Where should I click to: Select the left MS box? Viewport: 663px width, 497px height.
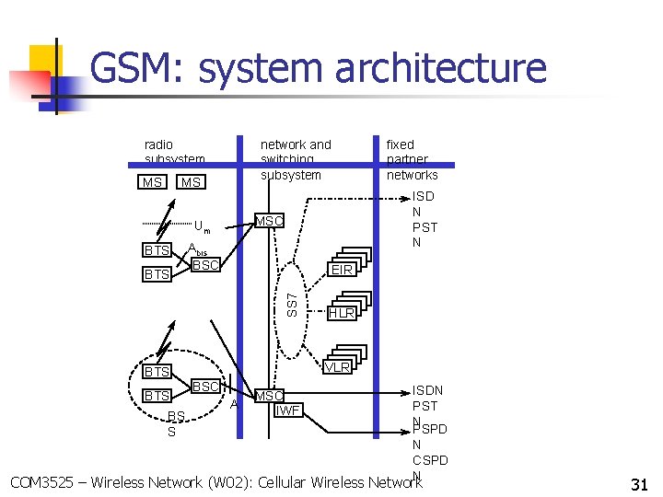[x=152, y=182]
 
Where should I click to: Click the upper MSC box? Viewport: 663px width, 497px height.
[x=269, y=221]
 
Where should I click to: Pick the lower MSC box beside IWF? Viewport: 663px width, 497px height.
[x=269, y=396]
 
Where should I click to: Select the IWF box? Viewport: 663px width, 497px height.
[x=288, y=410]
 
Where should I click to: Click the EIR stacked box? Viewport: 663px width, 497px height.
[x=343, y=270]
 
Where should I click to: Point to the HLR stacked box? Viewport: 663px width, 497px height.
[x=342, y=313]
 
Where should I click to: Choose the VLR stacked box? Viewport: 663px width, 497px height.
[x=338, y=366]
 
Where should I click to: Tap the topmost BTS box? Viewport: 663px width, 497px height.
[x=157, y=250]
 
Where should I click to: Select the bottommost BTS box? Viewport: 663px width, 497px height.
[x=157, y=395]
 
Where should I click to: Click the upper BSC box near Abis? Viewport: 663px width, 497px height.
[x=205, y=265]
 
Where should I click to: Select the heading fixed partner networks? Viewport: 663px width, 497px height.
[x=412, y=159]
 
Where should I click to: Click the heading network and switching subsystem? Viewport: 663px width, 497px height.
[x=296, y=159]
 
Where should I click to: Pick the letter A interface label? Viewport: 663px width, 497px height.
[x=235, y=403]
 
